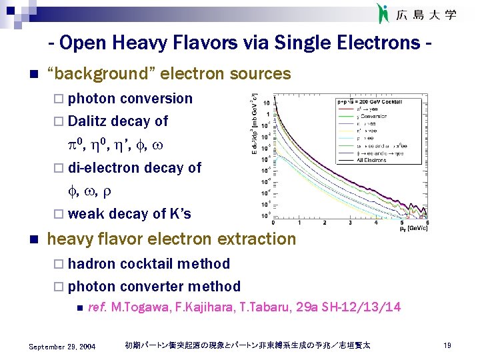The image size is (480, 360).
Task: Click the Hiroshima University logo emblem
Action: point(382,13)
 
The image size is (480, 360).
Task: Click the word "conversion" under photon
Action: point(156,99)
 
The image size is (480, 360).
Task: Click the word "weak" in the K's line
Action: point(85,214)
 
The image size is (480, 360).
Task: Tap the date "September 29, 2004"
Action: point(63,347)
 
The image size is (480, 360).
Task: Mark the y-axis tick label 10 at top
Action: point(267,103)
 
